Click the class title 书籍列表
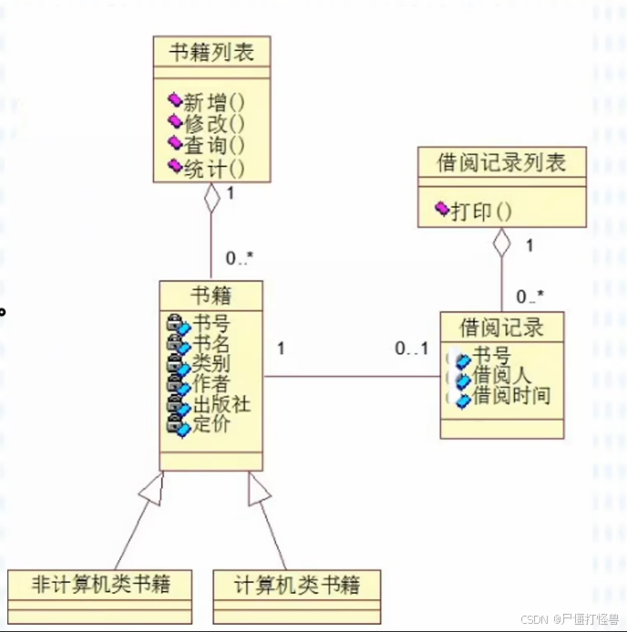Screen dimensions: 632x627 (x=211, y=52)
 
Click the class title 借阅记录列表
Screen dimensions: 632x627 (x=501, y=163)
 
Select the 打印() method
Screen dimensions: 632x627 (x=480, y=211)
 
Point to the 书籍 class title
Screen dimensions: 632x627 (x=211, y=295)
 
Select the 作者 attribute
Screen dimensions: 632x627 (x=211, y=383)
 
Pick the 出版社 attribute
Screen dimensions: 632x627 (x=221, y=403)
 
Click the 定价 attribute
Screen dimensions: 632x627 (x=211, y=423)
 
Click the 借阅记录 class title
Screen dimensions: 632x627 (x=501, y=326)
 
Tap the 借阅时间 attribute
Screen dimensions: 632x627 (x=511, y=395)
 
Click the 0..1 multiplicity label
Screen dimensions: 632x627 (x=411, y=349)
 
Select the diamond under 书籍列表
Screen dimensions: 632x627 (x=211, y=197)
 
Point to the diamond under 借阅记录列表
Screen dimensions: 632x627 (x=501, y=242)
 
